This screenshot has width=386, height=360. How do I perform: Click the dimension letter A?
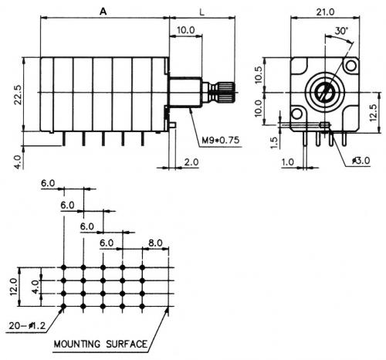103,12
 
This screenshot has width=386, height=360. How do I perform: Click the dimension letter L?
202,12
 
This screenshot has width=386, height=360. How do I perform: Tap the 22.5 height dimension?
18,94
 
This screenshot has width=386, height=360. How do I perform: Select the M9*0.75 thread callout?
221,141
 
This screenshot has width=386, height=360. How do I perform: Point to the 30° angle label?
341,31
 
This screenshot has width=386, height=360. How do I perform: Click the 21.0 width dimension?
325,12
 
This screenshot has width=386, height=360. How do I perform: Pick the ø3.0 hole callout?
361,161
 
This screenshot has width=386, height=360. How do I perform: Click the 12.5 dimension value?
373,112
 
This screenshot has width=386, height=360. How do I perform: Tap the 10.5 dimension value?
259,75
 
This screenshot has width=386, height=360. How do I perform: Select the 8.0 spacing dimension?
155,243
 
